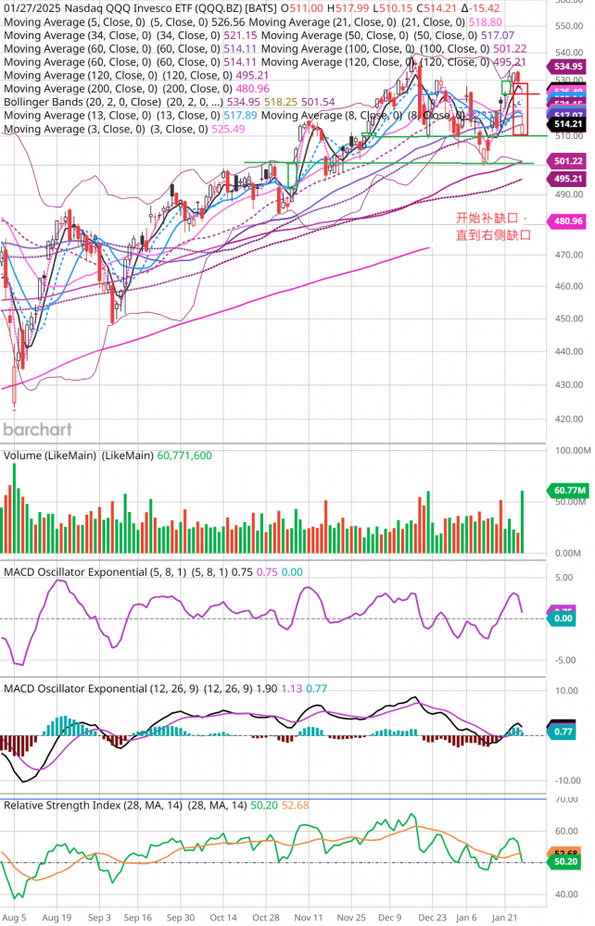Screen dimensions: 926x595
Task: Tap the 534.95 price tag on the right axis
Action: [x=568, y=67]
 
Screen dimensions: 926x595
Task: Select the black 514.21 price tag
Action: [x=568, y=123]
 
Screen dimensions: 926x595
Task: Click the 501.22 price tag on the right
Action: [x=568, y=160]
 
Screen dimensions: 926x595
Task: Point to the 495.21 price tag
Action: [x=568, y=179]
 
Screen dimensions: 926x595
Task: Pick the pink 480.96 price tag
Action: [x=568, y=221]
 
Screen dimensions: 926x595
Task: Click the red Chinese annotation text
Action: [x=494, y=227]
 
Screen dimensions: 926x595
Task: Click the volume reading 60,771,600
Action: [x=185, y=457]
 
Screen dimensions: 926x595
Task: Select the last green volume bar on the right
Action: [x=523, y=522]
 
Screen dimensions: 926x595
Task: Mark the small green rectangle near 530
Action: [x=506, y=86]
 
